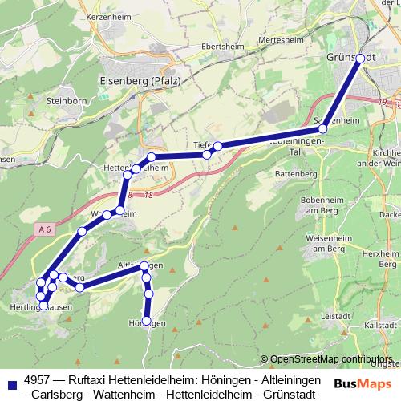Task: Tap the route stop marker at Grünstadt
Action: click(360, 58)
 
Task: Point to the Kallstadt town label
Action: click(381, 328)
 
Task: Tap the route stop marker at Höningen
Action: click(146, 321)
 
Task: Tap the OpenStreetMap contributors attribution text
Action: click(330, 359)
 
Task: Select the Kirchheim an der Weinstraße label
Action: click(383, 157)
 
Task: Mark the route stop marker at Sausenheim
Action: click(323, 128)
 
